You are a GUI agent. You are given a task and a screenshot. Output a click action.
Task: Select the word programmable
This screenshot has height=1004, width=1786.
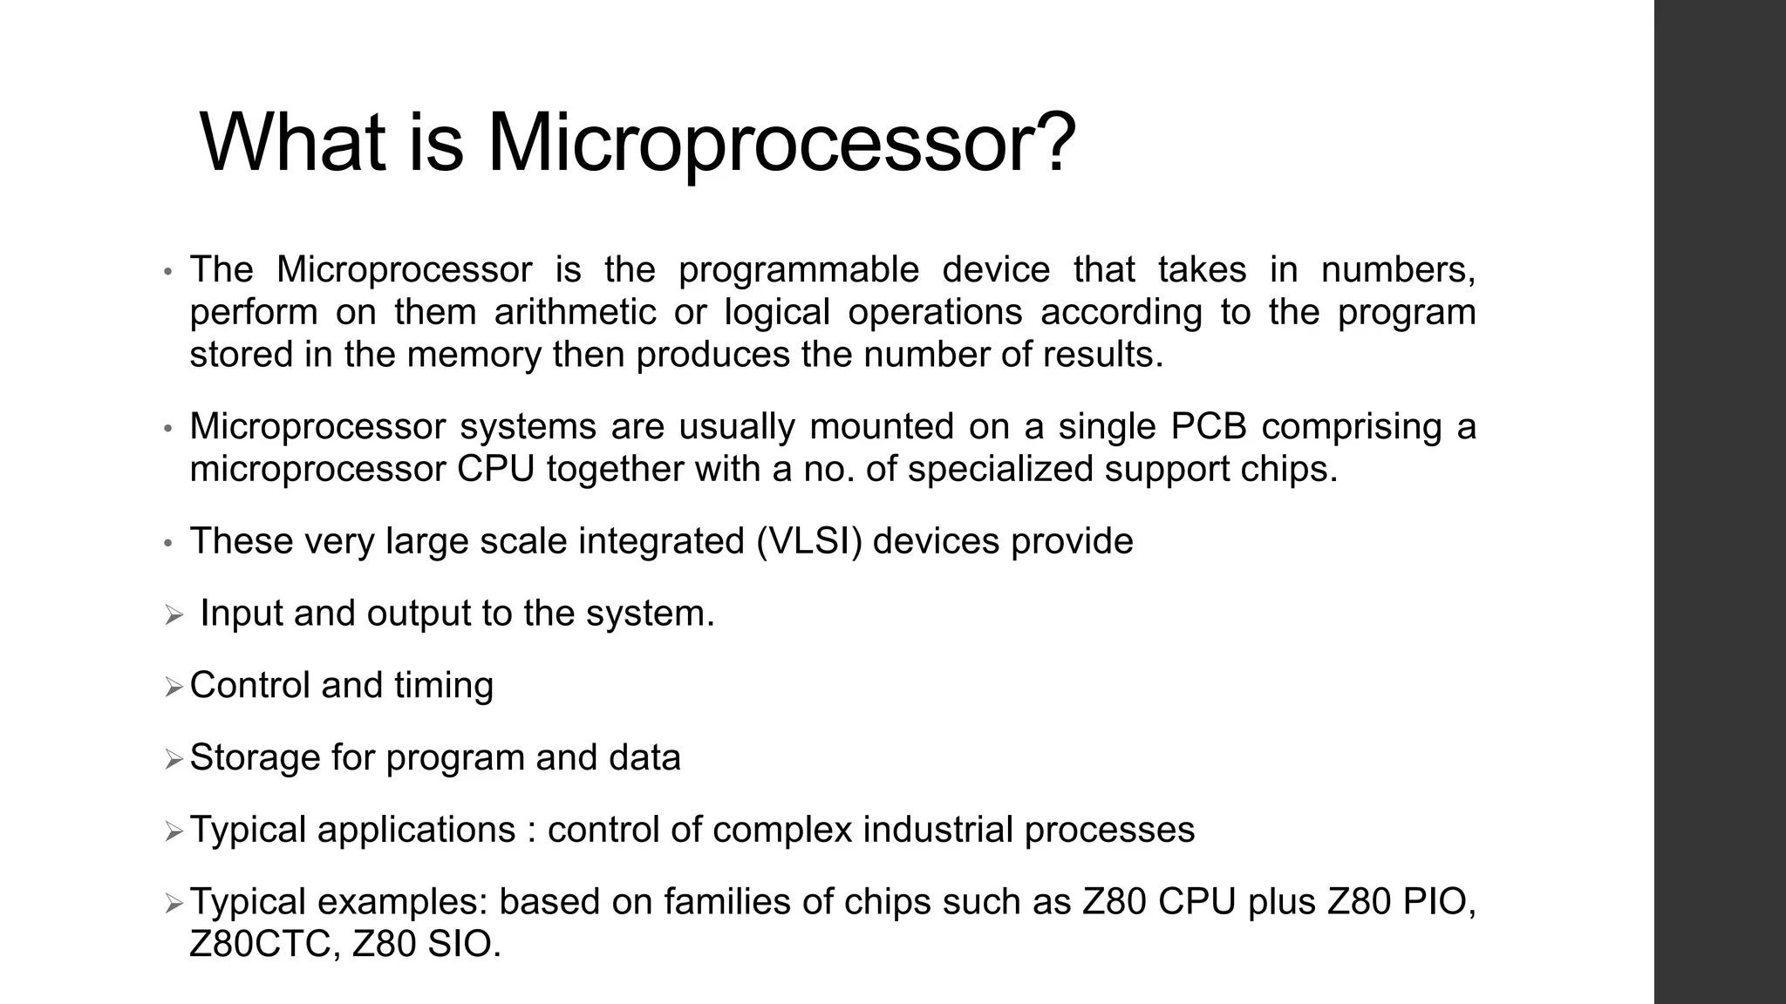799,269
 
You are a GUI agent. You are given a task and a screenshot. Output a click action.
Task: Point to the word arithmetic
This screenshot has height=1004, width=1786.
575,312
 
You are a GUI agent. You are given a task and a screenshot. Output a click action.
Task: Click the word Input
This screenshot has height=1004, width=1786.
242,614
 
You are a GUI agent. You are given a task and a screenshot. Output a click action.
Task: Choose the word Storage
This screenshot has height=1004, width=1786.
255,757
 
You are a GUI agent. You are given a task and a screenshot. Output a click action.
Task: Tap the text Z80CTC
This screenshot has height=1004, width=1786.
260,944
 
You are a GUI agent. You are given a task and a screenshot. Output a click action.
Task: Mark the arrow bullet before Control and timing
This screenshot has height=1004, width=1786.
174,687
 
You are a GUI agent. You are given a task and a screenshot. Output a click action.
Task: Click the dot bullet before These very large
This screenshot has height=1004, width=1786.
168,543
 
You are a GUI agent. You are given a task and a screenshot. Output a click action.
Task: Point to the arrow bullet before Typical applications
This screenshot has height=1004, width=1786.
174,831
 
